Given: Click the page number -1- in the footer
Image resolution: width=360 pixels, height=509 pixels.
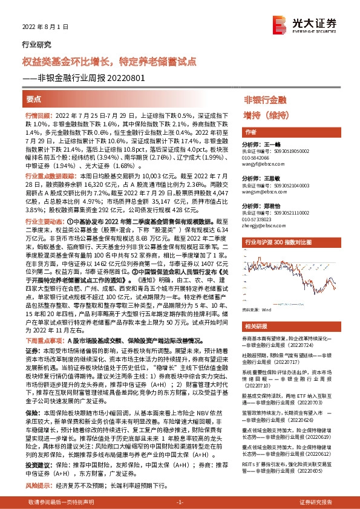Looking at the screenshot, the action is click(179, 502).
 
